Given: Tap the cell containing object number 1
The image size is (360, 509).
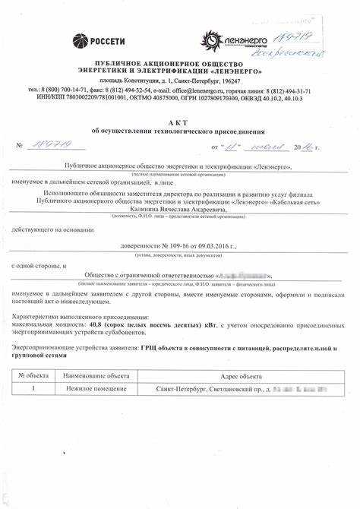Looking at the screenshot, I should click(x=33, y=388).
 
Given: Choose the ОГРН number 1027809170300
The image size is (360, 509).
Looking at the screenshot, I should click(x=235, y=98).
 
